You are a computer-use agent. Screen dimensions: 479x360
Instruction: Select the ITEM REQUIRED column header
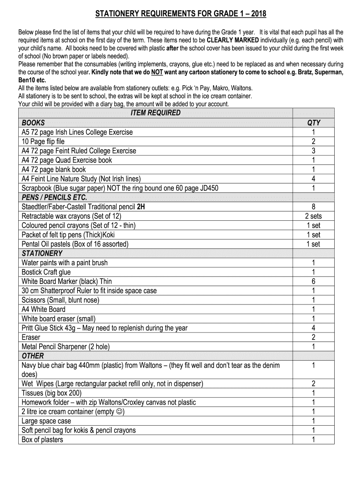[x=155, y=113]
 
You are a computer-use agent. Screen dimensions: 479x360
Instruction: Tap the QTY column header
[x=314, y=123]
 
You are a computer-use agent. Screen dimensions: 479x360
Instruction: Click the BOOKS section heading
[x=33, y=123]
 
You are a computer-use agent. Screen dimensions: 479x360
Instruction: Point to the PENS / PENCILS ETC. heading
[x=54, y=197]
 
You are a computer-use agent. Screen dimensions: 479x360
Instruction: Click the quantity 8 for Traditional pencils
[x=313, y=207]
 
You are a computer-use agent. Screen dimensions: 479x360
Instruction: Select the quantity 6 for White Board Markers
[x=313, y=281]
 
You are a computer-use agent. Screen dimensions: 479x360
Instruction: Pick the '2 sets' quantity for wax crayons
[x=313, y=216]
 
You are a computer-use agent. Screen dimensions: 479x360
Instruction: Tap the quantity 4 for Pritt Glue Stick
[x=313, y=328]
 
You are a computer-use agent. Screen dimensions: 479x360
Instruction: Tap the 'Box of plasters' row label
[x=42, y=440]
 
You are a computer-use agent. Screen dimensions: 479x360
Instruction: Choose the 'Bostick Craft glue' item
[x=46, y=272]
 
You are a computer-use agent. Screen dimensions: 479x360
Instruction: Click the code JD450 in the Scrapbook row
[x=208, y=188]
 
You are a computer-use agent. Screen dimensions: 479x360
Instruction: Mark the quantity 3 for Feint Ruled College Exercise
[x=313, y=151]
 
